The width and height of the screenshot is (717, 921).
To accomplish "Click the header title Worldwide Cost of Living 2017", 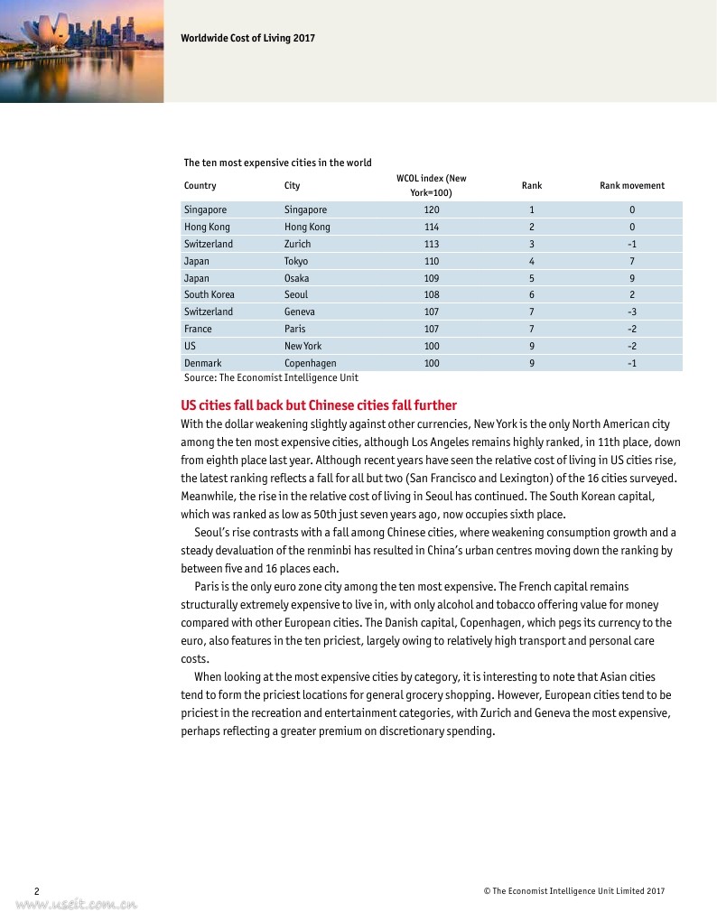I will (247, 38).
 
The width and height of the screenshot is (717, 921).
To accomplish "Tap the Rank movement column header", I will (631, 185).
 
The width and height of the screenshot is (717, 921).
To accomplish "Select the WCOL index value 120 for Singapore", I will (432, 209).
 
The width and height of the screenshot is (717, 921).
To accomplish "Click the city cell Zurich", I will (297, 244).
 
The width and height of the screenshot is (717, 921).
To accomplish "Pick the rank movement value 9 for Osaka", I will (632, 278).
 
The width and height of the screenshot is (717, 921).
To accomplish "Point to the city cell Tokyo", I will (296, 261).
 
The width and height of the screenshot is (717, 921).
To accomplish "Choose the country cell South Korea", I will (210, 294).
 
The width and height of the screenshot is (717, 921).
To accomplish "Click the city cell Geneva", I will (300, 312).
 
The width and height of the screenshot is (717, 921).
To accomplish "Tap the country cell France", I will (198, 329).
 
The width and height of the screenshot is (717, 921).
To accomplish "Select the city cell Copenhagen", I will (310, 363).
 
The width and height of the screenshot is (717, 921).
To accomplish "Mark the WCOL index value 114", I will (432, 227).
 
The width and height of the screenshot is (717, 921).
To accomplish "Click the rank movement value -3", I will (632, 312).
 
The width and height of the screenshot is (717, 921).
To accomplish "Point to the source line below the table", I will (271, 377).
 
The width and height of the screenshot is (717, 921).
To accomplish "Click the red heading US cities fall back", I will (319, 405).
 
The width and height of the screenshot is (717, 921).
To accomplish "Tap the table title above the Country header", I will (277, 163).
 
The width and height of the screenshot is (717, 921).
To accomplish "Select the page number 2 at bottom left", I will (36, 891).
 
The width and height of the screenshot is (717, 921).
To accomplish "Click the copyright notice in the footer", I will (573, 891).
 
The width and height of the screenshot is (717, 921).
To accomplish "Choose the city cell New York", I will (303, 346).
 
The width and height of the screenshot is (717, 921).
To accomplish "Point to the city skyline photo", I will (81, 51).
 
